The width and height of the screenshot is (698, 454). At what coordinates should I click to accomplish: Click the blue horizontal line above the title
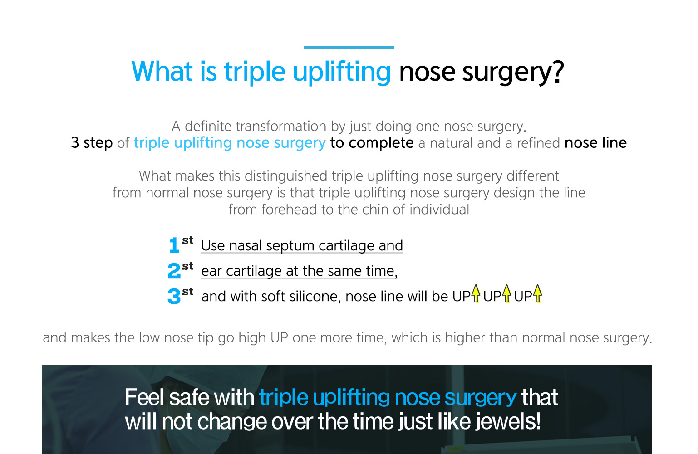point(349,47)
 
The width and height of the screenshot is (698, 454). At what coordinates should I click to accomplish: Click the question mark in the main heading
point(557,71)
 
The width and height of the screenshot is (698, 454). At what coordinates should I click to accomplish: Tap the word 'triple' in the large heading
point(255,73)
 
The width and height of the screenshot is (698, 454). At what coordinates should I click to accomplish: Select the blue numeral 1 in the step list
point(174,245)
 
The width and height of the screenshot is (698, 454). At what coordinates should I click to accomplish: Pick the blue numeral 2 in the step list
point(174,270)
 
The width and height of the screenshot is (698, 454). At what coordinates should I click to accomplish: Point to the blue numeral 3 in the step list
point(174,296)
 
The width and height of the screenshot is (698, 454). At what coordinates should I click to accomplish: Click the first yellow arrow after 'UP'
point(476,293)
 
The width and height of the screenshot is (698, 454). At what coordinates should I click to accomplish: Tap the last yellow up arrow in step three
point(537,293)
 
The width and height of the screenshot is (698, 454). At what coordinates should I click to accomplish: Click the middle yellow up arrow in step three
point(506,293)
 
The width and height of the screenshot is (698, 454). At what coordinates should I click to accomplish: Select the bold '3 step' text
point(92,143)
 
